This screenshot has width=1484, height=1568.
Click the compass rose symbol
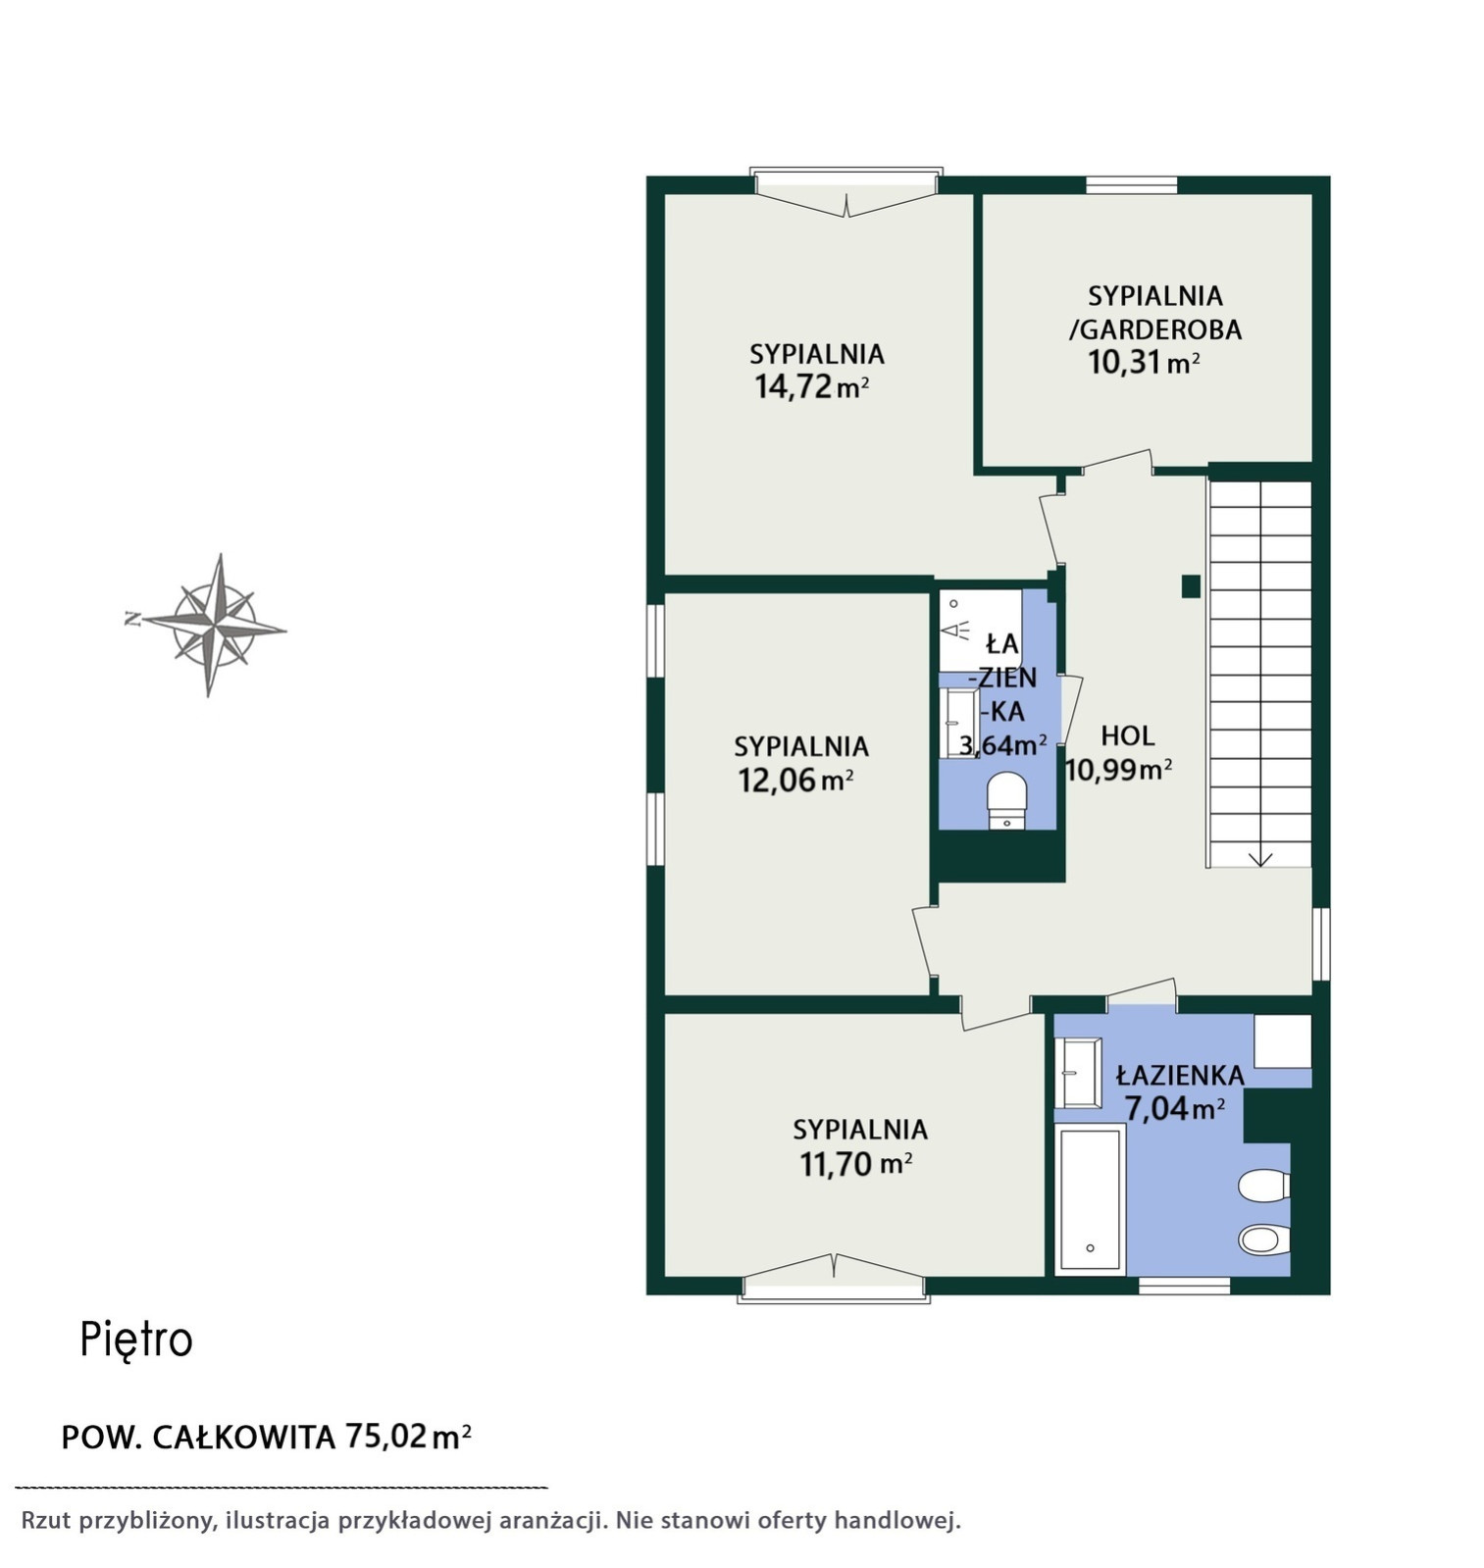coord(208,625)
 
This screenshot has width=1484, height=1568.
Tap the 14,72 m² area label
coord(811,386)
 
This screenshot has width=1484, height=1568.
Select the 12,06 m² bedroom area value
coord(794,781)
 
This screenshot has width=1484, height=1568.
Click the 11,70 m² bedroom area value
coord(856,1164)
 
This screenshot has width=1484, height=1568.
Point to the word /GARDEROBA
coord(1155,329)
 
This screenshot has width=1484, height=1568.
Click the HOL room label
coord(1127,735)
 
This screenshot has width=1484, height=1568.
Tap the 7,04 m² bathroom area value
coord(1174,1109)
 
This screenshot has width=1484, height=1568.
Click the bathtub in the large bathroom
coord(1090,1199)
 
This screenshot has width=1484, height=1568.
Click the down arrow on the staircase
coord(1259,858)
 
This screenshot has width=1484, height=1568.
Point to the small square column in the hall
coord(1191,586)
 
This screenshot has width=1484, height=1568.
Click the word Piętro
coord(136,1340)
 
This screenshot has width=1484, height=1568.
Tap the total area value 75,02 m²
coord(408,1437)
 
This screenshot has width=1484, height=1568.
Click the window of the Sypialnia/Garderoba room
coord(1131,184)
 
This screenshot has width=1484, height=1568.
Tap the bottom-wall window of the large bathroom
coord(1184,1286)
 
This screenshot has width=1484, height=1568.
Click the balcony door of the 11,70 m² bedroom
coord(834,1279)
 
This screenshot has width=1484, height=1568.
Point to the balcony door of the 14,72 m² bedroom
coord(846,191)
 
